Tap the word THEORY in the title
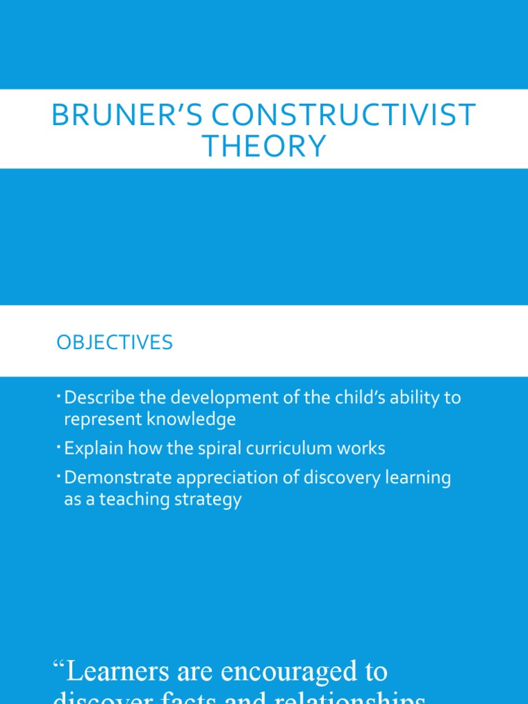pos(264,146)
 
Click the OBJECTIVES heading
pos(115,342)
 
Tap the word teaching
pos(132,499)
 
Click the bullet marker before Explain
pos(60,445)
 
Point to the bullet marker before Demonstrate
pos(60,475)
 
